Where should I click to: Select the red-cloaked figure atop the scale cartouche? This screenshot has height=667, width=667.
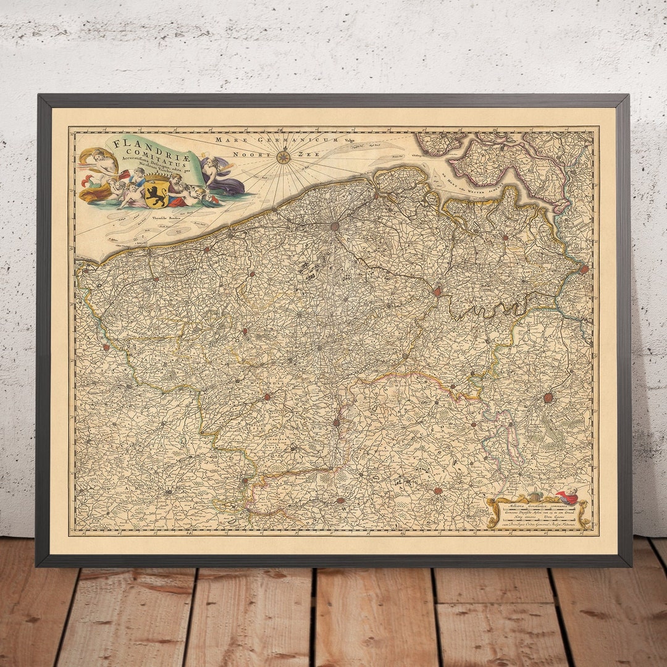click(x=568, y=496)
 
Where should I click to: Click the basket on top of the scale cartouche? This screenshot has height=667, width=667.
click(x=536, y=497)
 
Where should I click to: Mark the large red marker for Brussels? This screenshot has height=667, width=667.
click(x=548, y=398)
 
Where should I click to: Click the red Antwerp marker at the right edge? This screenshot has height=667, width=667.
click(x=584, y=269)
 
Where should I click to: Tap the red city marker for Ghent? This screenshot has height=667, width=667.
click(x=438, y=291)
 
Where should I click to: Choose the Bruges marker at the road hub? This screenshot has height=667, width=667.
click(x=334, y=227)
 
